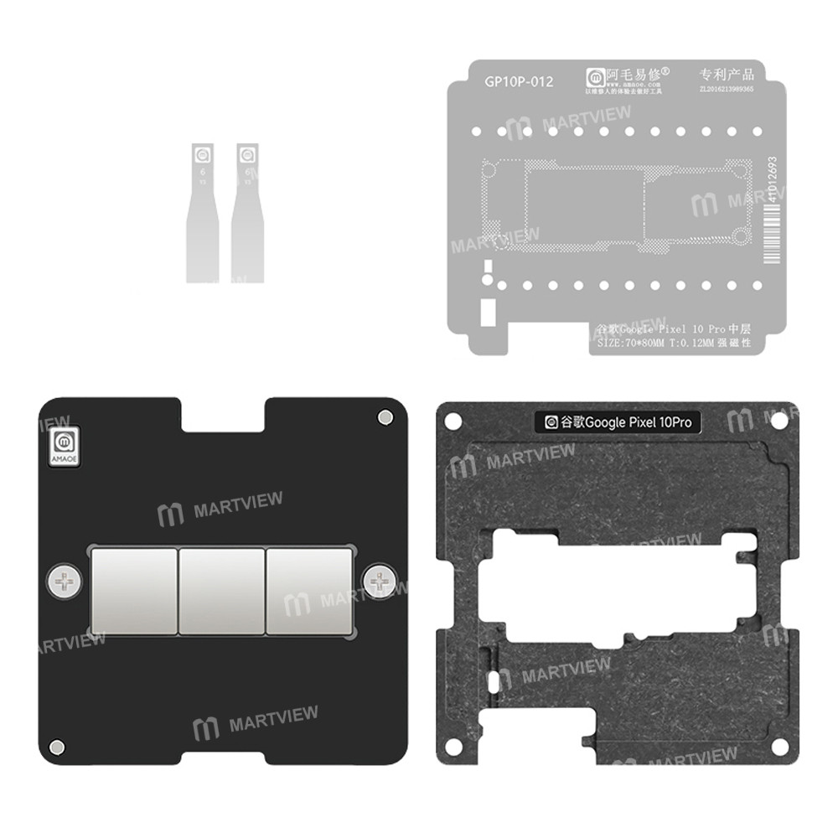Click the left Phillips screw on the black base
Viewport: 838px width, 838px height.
coord(63,579)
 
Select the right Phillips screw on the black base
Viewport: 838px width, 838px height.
coord(381,579)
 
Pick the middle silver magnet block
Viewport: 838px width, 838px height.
coord(221,590)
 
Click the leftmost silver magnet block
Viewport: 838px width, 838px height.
coord(133,590)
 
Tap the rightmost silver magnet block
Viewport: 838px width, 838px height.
coord(309,590)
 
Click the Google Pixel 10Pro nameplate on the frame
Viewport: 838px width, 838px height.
coord(618,423)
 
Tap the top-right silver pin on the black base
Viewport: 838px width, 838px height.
coord(384,416)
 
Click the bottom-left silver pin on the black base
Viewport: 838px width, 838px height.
coord(57,745)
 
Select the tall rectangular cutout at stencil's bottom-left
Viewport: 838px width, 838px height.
coord(486,313)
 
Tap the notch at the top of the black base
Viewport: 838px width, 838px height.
coord(223,411)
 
